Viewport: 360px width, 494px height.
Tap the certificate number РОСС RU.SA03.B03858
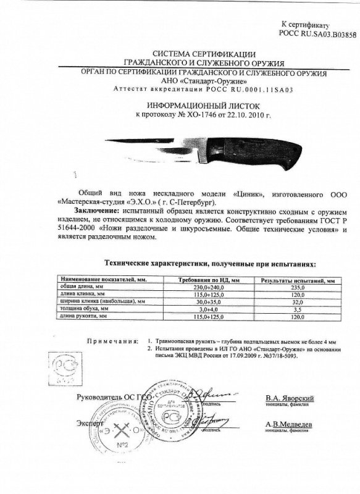[318, 35]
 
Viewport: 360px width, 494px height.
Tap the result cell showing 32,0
[296, 303]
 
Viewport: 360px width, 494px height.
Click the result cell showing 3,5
[296, 309]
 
